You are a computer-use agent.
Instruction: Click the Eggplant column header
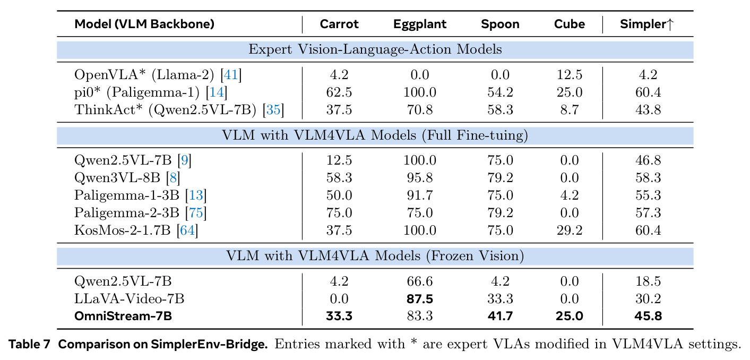[x=419, y=24]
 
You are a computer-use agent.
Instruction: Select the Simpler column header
[x=646, y=24]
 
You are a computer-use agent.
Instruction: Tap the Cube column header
[x=569, y=24]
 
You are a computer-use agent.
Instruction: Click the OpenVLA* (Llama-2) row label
[x=144, y=75]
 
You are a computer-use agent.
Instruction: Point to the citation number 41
[x=231, y=75]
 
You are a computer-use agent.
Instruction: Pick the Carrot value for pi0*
[x=339, y=92]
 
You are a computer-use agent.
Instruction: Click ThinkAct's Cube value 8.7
[x=569, y=110]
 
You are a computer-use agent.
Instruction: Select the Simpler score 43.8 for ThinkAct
[x=648, y=110]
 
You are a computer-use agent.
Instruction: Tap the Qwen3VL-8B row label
[x=117, y=178]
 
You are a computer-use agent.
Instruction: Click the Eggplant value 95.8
[x=419, y=178]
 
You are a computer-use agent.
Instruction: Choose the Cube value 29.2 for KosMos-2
[x=569, y=230]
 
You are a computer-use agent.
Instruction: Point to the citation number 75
[x=196, y=212]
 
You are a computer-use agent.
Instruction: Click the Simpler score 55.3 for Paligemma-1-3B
[x=648, y=195]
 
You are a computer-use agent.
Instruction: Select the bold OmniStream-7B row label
[x=123, y=316]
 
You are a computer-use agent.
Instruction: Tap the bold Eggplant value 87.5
[x=419, y=299]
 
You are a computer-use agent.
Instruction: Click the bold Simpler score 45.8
[x=648, y=316]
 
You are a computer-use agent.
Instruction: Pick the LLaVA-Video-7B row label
[x=129, y=299]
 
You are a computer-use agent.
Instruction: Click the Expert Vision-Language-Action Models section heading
[x=375, y=49]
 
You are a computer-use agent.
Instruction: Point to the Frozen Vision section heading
[x=375, y=256]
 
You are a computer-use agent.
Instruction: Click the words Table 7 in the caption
[x=29, y=344]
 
